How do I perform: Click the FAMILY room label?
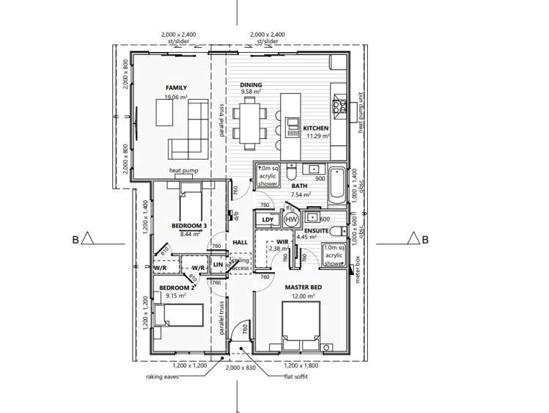click(177, 87)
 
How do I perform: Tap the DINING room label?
click(251, 85)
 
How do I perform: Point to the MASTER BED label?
click(301, 287)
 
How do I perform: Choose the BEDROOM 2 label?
click(177, 287)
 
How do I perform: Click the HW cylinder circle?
click(291, 219)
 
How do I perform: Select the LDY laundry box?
click(268, 219)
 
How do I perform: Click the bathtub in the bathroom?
click(336, 187)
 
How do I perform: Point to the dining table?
click(252, 121)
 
